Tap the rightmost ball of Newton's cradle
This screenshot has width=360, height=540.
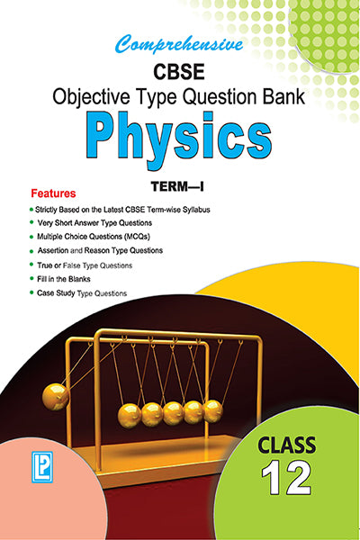click(x=213, y=411)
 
